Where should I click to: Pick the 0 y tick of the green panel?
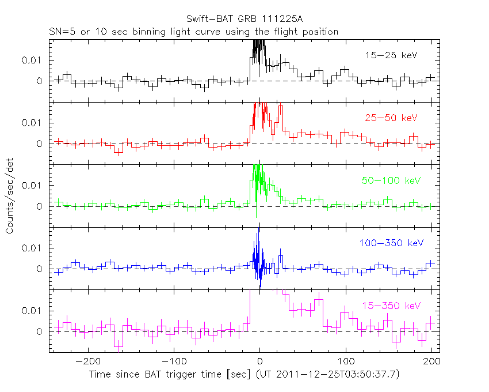click(x=40, y=206)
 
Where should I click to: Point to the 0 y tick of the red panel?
click(x=40, y=144)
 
